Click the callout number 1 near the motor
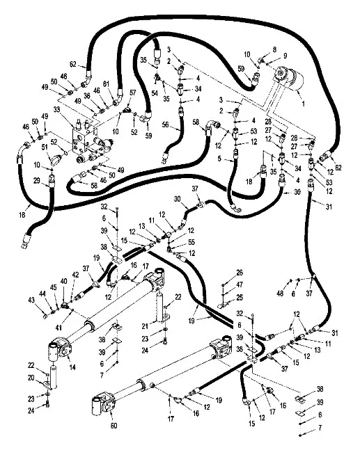303,104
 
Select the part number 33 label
57,110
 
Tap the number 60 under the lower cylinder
114,426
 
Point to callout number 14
72,367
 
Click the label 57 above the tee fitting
133,93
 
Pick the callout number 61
106,84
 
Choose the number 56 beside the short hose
166,125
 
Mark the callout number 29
36,181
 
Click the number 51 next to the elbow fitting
45,147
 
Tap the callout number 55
191,242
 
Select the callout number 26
240,273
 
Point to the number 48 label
280,294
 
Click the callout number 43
31,300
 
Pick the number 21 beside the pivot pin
146,326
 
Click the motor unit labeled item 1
288,77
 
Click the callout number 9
285,56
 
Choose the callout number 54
155,93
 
